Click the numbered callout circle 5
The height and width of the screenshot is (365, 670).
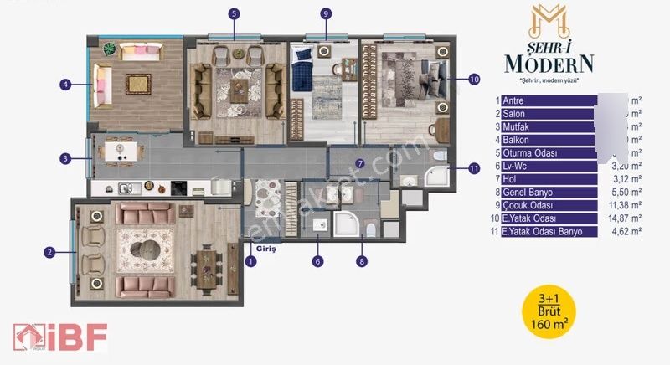pos(234,13)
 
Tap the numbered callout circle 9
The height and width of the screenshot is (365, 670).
pos(326,13)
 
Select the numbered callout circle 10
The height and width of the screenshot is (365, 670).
pos(474,80)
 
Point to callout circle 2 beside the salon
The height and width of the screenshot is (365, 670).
pos(49,251)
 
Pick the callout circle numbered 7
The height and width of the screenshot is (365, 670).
pos(359,163)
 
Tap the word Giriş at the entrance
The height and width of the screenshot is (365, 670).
pos(266,249)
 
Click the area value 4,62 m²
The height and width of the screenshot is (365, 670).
pos(626,230)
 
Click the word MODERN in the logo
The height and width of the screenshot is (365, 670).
pos(549,63)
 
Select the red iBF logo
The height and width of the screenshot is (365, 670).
pos(59,337)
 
